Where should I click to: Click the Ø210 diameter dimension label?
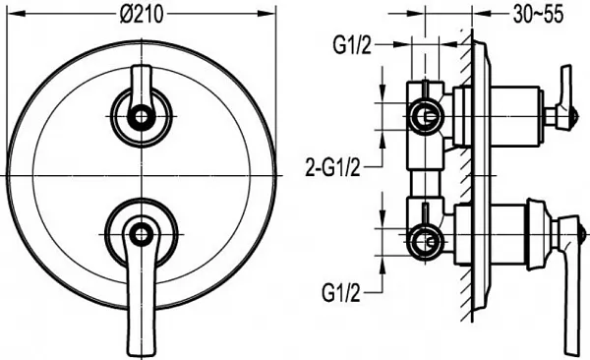point(142,15)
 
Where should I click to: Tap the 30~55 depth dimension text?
point(538,15)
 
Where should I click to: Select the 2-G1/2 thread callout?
point(332,167)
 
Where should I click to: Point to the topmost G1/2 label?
point(352,46)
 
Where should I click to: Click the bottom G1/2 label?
point(341,292)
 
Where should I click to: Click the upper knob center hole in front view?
point(141,117)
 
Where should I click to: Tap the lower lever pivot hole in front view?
point(141,235)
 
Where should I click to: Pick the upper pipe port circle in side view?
point(426,117)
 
